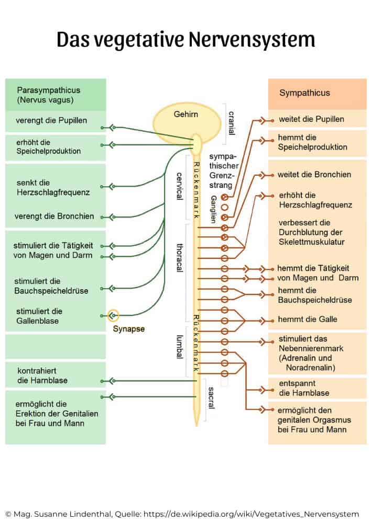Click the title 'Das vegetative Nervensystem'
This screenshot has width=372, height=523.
(x=185, y=39)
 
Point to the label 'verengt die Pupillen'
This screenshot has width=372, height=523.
(x=51, y=120)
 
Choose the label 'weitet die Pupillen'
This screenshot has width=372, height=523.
(x=311, y=119)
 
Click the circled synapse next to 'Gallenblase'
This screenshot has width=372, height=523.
(x=113, y=315)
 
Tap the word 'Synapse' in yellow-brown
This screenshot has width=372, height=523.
(x=128, y=329)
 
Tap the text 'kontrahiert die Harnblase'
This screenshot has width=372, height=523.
(x=42, y=375)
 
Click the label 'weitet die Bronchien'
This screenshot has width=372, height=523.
(x=314, y=174)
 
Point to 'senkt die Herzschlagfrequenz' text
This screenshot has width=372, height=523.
(x=52, y=187)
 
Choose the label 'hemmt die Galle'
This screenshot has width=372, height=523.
(x=308, y=319)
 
